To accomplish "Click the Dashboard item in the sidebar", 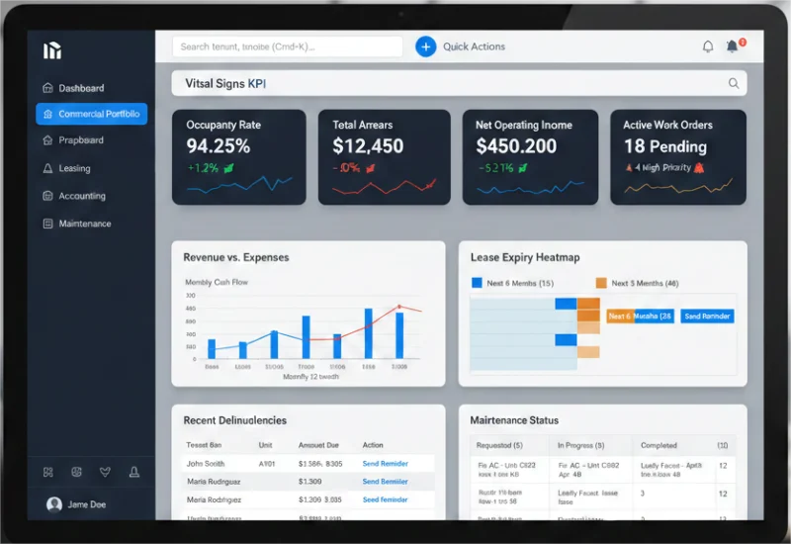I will (x=80, y=88).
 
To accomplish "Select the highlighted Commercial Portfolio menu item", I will (x=91, y=114).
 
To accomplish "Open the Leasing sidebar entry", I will (x=74, y=168).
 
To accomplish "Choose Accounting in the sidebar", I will (x=81, y=196).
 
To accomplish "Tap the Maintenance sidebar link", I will (x=84, y=224).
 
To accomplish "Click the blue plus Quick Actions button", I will (x=425, y=46).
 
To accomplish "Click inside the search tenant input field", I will (x=287, y=46).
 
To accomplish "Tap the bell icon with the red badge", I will (x=733, y=46).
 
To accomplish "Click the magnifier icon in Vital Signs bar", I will (x=734, y=84).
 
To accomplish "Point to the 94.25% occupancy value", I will (x=218, y=146).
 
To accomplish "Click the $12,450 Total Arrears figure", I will (x=368, y=146).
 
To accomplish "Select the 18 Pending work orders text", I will (x=664, y=146).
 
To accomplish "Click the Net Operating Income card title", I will (x=523, y=126).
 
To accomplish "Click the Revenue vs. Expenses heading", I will (x=236, y=257).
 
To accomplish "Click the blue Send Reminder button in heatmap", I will (x=706, y=317).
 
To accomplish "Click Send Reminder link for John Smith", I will (x=385, y=464).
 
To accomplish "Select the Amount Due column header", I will (x=318, y=445).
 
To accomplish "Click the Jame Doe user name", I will (x=88, y=504).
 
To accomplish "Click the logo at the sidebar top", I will (x=52, y=51).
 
